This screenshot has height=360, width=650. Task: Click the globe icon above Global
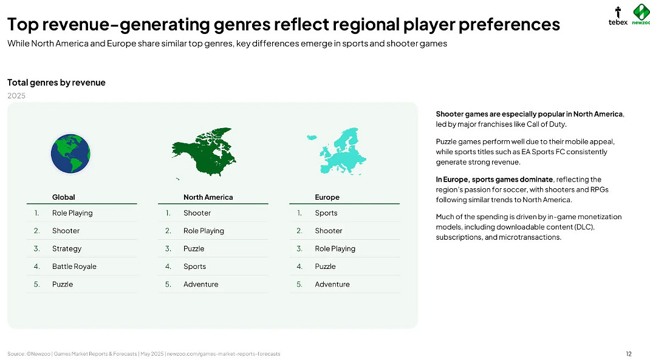pyautogui.click(x=70, y=154)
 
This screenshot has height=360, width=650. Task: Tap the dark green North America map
pyautogui.click(x=204, y=152)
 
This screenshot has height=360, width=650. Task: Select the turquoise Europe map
pyautogui.click(x=337, y=151)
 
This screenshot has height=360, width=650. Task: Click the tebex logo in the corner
pyautogui.click(x=618, y=16)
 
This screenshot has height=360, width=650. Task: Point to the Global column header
pyautogui.click(x=63, y=197)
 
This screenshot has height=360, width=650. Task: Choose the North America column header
pyautogui.click(x=208, y=197)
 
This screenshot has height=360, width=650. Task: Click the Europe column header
pyautogui.click(x=327, y=197)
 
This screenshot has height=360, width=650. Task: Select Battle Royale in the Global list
pyautogui.click(x=74, y=267)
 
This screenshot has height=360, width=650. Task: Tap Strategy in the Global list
pyautogui.click(x=67, y=248)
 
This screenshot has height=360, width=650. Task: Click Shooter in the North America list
pyautogui.click(x=197, y=213)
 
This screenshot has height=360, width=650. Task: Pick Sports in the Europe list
pyautogui.click(x=326, y=213)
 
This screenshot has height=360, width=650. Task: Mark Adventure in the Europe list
pyautogui.click(x=332, y=284)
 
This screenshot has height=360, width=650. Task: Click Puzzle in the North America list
pyautogui.click(x=194, y=248)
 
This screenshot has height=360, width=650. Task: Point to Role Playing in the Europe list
pyautogui.click(x=335, y=248)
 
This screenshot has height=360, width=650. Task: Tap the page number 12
pyautogui.click(x=629, y=354)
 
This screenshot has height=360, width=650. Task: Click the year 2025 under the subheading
pyautogui.click(x=16, y=96)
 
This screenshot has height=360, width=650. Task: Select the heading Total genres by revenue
pyautogui.click(x=56, y=83)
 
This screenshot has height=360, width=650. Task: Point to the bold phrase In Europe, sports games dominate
pyautogui.click(x=494, y=179)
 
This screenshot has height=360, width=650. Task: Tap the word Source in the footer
pyautogui.click(x=16, y=354)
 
